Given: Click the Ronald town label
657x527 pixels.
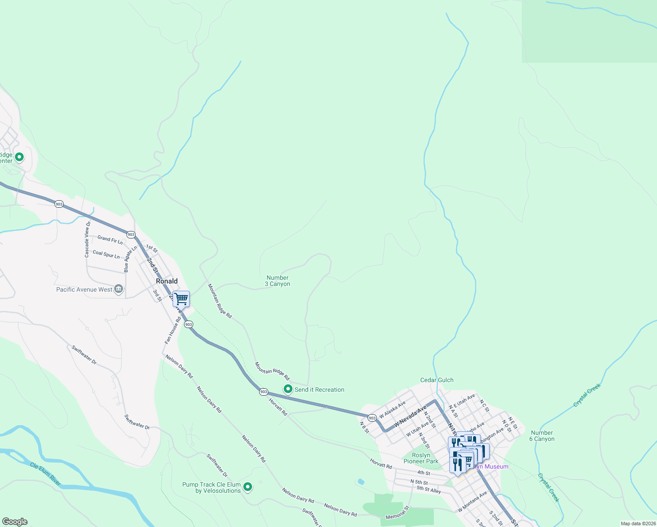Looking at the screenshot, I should [167, 281].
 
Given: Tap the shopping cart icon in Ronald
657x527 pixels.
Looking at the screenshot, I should [181, 299].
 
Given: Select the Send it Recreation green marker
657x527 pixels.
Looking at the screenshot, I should [288, 389].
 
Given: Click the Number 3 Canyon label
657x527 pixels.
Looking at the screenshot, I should [278, 281].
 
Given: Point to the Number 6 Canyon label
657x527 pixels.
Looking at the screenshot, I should [542, 436].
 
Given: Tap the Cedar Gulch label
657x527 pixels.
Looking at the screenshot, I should [437, 380].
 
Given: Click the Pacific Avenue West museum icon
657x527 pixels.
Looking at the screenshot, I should [118, 289].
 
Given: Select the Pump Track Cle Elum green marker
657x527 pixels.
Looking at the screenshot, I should [248, 487].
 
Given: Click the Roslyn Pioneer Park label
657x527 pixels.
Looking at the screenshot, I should [421, 458].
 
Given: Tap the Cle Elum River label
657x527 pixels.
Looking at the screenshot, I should [46, 474].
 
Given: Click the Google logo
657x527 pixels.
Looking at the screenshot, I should [15, 522].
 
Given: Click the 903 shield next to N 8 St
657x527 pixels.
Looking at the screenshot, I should [372, 418].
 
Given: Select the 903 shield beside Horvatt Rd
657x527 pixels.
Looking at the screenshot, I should [264, 391].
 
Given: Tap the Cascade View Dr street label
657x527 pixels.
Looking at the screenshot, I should [87, 239].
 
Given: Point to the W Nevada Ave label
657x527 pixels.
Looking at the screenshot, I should [410, 417].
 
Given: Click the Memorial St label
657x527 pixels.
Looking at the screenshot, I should [397, 513].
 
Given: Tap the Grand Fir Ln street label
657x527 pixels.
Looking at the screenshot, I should [110, 239].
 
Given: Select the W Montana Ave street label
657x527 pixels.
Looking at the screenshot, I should [473, 502].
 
